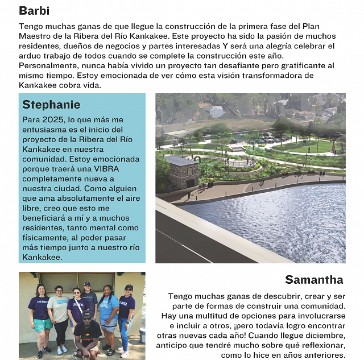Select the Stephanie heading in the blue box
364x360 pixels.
coord(51,105)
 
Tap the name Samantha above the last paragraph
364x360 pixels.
coord(314,279)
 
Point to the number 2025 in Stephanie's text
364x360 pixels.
coord(52,120)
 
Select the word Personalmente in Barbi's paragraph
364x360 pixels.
coord(45,65)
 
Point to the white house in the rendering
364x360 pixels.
coord(216,111)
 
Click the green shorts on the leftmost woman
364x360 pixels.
coord(42,325)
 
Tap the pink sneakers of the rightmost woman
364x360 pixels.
coord(125,354)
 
